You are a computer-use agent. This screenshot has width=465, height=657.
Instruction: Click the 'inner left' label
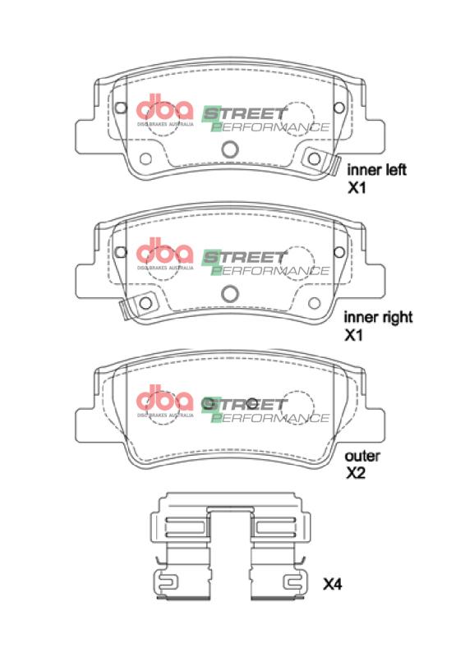pyautogui.click(x=377, y=171)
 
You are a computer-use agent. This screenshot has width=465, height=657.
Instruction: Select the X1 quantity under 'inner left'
pyautogui.click(x=355, y=189)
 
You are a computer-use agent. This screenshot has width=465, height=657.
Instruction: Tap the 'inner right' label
pyautogui.click(x=378, y=316)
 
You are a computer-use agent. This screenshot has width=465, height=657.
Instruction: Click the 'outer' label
pyautogui.click(x=361, y=456)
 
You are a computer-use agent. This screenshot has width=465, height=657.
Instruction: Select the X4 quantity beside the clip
pyautogui.click(x=333, y=585)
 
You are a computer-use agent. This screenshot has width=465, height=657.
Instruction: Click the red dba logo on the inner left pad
pyautogui.click(x=163, y=111)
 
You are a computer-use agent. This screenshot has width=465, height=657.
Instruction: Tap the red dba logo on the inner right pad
pyautogui.click(x=163, y=252)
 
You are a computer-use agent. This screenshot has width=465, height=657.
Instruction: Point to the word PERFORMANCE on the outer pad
pyautogui.click(x=270, y=418)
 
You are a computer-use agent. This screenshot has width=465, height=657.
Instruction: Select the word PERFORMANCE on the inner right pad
pyautogui.click(x=270, y=269)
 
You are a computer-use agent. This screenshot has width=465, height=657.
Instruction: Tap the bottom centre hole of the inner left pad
pyautogui.click(x=231, y=149)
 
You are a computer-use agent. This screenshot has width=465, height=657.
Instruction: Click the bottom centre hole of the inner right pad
pyautogui.click(x=231, y=292)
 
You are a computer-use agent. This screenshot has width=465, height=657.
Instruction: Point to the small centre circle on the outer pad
pyautogui.click(x=253, y=403)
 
